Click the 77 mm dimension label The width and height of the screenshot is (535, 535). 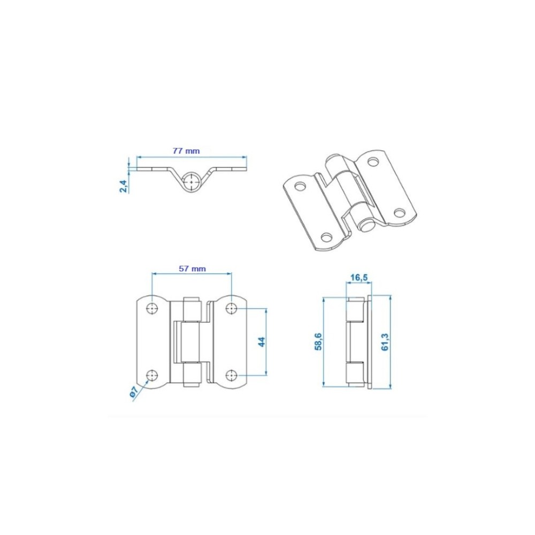[x=186, y=150]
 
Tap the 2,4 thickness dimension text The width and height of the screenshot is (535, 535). [x=124, y=186]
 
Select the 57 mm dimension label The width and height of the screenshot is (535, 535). [x=193, y=269]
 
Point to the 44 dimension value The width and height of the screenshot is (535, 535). [x=262, y=341]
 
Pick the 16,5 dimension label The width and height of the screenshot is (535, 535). [x=359, y=278]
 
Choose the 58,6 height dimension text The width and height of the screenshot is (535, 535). [x=318, y=342]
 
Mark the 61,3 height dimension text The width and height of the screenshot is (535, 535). [x=385, y=342]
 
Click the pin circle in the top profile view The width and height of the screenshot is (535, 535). [x=192, y=181]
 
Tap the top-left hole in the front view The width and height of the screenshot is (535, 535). [x=152, y=309]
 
